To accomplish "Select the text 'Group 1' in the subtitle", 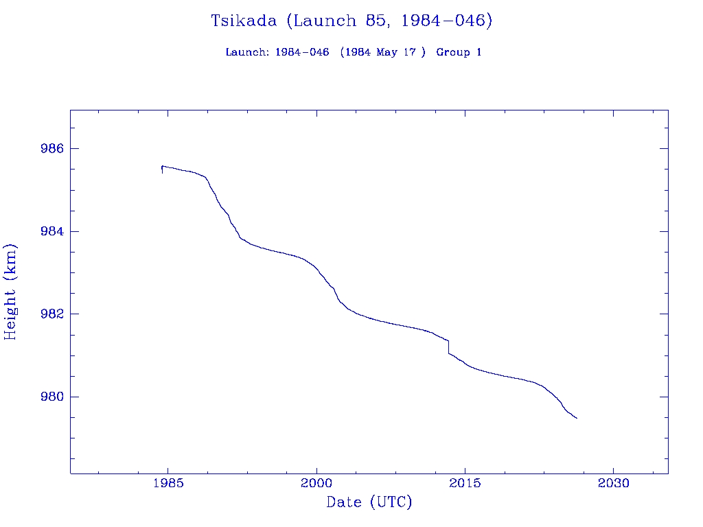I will click(459, 52).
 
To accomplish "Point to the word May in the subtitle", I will click(387, 52).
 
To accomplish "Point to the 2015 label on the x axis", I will click(465, 482).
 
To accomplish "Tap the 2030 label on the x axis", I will click(614, 482).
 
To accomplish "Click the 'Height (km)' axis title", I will click(10, 292).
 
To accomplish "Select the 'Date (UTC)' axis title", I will click(369, 502).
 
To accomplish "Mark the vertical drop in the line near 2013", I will click(448, 347).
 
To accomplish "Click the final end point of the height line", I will click(577, 418).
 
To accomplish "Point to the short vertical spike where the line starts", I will click(162, 169).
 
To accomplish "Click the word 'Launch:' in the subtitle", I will click(247, 52).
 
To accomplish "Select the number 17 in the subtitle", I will click(409, 52).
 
